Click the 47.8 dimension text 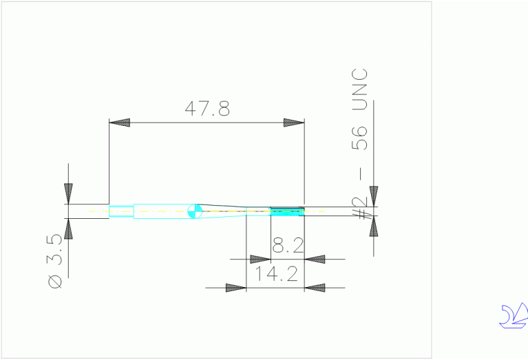click(207, 109)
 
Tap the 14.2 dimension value click(276, 275)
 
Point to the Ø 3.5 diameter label click(58, 262)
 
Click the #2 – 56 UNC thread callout click(360, 145)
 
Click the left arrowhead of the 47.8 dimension click(120, 123)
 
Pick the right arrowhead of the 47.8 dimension click(294, 123)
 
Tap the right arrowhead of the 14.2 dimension click(315, 287)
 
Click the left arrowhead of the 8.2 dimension click(260, 260)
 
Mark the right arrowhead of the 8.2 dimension click(315, 260)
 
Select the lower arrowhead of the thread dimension click(373, 226)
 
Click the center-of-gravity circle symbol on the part click(195, 211)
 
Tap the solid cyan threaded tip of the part click(287, 212)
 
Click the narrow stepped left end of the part click(121, 211)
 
